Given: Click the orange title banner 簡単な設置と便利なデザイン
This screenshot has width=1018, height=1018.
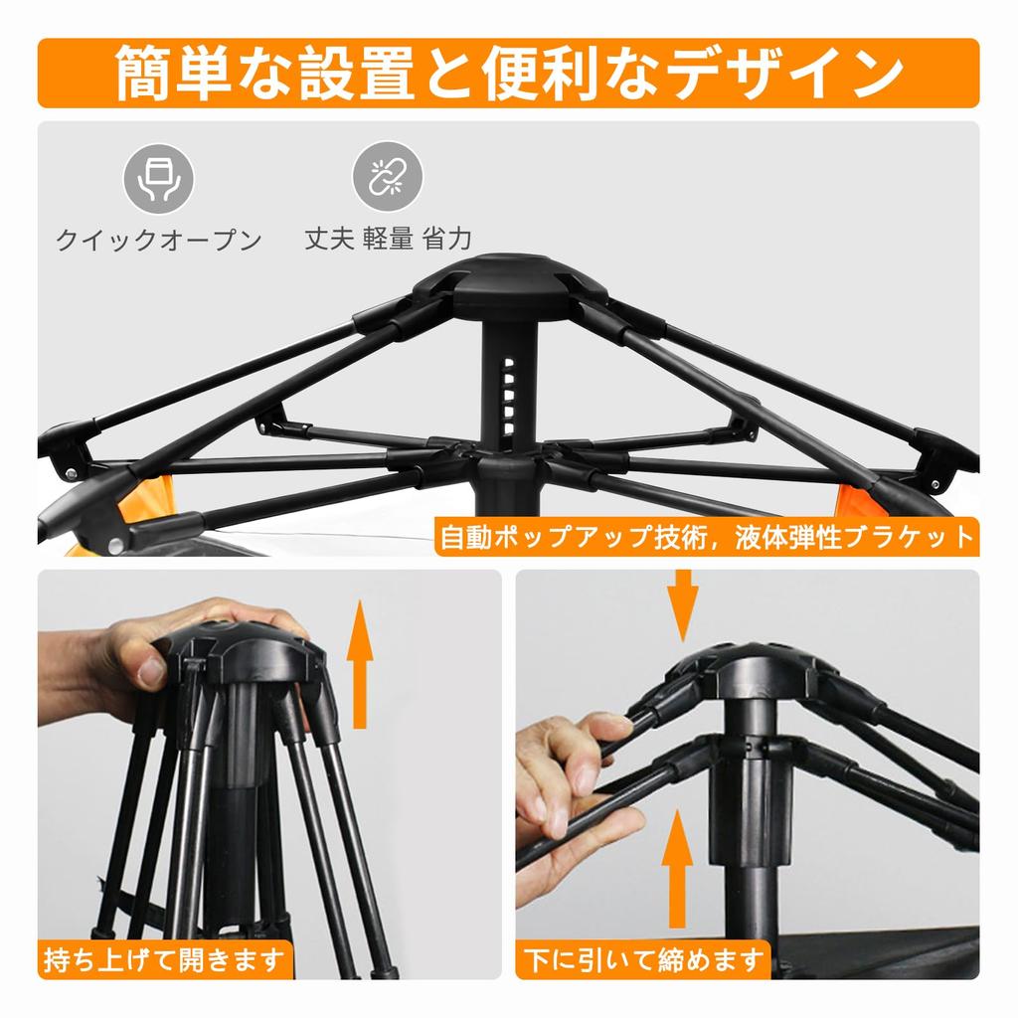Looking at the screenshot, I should [x=508, y=73].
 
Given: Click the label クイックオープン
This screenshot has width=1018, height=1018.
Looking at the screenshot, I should [x=159, y=240].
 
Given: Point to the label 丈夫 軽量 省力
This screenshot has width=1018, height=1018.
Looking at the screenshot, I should [x=388, y=240].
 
